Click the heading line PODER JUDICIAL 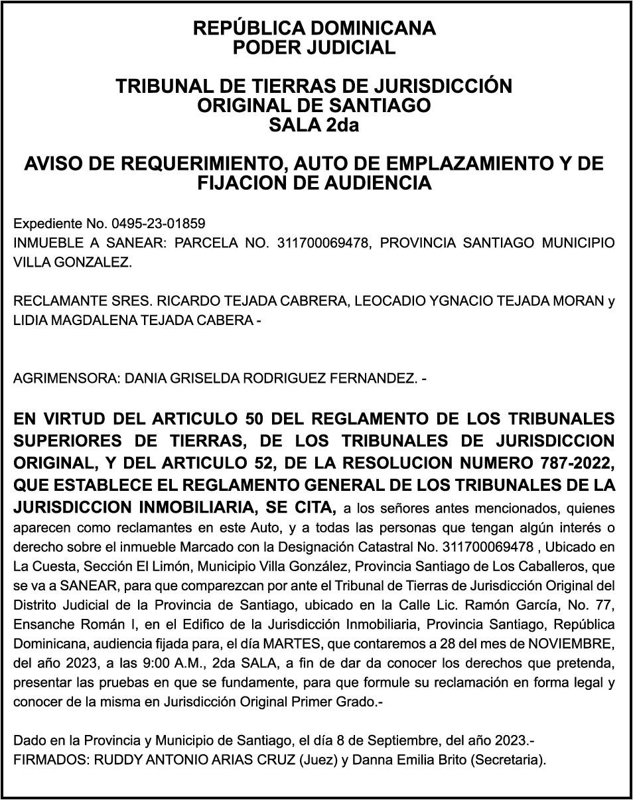coord(314,48)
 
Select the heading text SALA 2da coord(314,125)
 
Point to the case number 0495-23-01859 coord(159,224)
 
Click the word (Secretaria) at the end coord(507,760)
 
